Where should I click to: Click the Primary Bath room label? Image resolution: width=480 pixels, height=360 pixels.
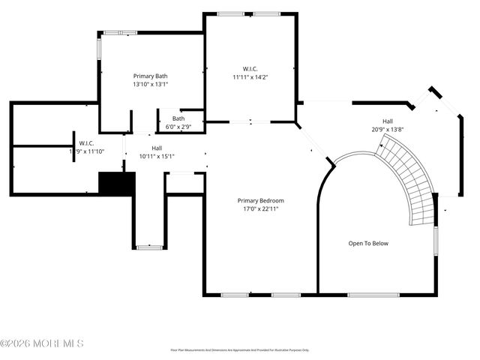pos(150,76)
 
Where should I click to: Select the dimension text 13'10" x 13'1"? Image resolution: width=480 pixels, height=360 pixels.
pos(150,85)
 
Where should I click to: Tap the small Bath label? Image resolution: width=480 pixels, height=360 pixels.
pos(178,118)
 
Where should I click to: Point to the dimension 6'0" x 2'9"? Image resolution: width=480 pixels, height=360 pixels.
pos(178,127)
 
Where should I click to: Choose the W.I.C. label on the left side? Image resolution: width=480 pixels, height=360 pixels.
pos(85,142)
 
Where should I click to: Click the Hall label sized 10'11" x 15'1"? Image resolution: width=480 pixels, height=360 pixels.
pos(157,148)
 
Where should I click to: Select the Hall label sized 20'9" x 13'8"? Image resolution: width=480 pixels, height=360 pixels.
pos(388,121)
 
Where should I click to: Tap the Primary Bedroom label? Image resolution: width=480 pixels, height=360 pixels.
pos(260,200)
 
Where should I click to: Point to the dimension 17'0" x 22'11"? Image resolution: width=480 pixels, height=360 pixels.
pos(260,208)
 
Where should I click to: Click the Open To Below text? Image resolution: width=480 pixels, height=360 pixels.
pos(368,243)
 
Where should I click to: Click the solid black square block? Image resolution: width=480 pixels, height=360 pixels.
pos(116,184)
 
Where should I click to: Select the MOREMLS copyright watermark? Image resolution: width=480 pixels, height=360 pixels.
pos(42,343)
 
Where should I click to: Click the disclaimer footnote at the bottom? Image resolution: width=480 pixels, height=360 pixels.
pos(239,349)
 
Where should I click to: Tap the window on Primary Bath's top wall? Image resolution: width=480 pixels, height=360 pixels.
pos(120,32)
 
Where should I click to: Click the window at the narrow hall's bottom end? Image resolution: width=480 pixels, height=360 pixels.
pos(149,247)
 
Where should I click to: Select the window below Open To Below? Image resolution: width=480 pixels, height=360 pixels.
pos(373,295)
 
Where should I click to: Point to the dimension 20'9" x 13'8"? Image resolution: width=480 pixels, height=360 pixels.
pos(388,129)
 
